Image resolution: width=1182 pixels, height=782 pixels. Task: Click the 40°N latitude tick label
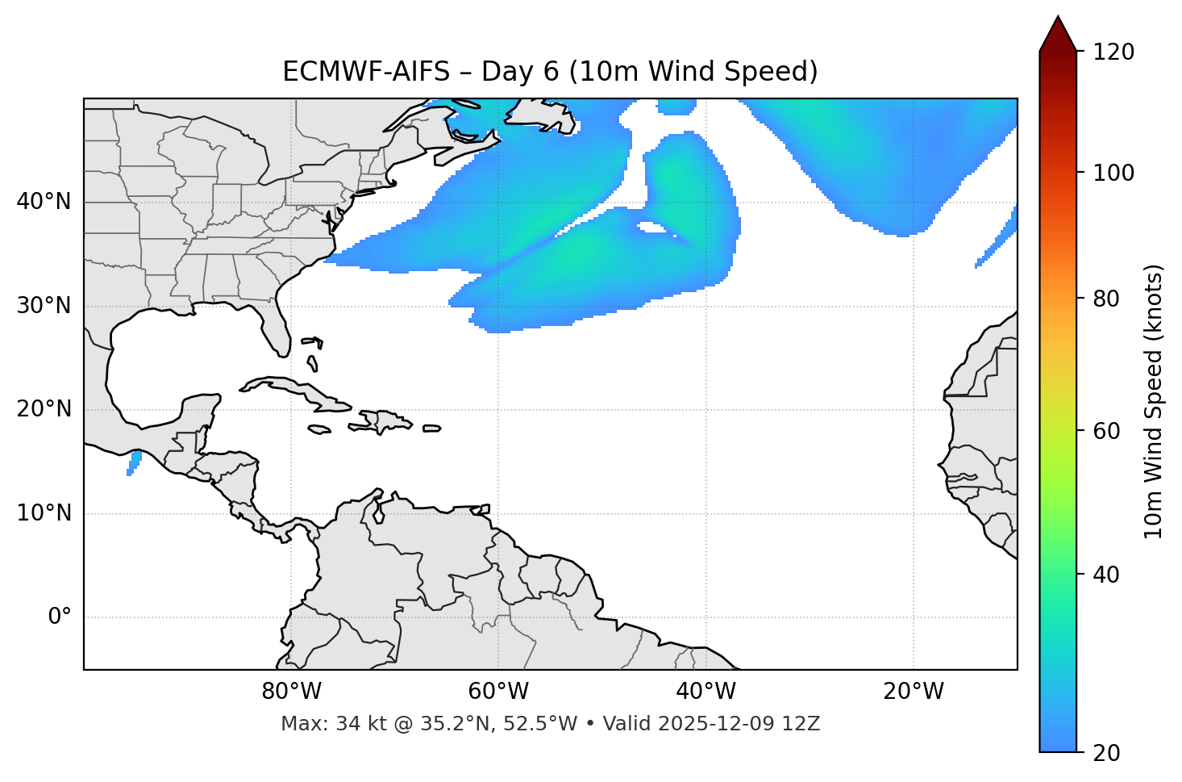tap(44, 202)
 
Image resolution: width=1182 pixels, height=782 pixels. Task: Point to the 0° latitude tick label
tap(59, 617)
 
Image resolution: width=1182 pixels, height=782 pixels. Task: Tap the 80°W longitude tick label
tap(291, 692)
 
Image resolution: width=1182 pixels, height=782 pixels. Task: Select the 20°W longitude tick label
tap(914, 692)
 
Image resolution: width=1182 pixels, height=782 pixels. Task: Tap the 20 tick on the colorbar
tap(1107, 753)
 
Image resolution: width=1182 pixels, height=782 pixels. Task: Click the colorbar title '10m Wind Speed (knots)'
tap(1154, 401)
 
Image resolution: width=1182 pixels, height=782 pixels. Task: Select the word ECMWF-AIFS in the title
tap(366, 72)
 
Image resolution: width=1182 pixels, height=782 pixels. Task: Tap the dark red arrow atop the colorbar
tap(1058, 35)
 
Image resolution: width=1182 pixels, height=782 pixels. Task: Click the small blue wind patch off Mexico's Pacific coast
tap(134, 462)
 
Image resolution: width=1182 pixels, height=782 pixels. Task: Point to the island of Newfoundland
tap(542, 115)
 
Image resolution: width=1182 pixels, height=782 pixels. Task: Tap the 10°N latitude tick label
tap(44, 513)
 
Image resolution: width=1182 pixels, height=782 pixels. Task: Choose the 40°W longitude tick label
tap(705, 692)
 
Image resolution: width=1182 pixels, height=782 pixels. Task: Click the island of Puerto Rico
tap(432, 429)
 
